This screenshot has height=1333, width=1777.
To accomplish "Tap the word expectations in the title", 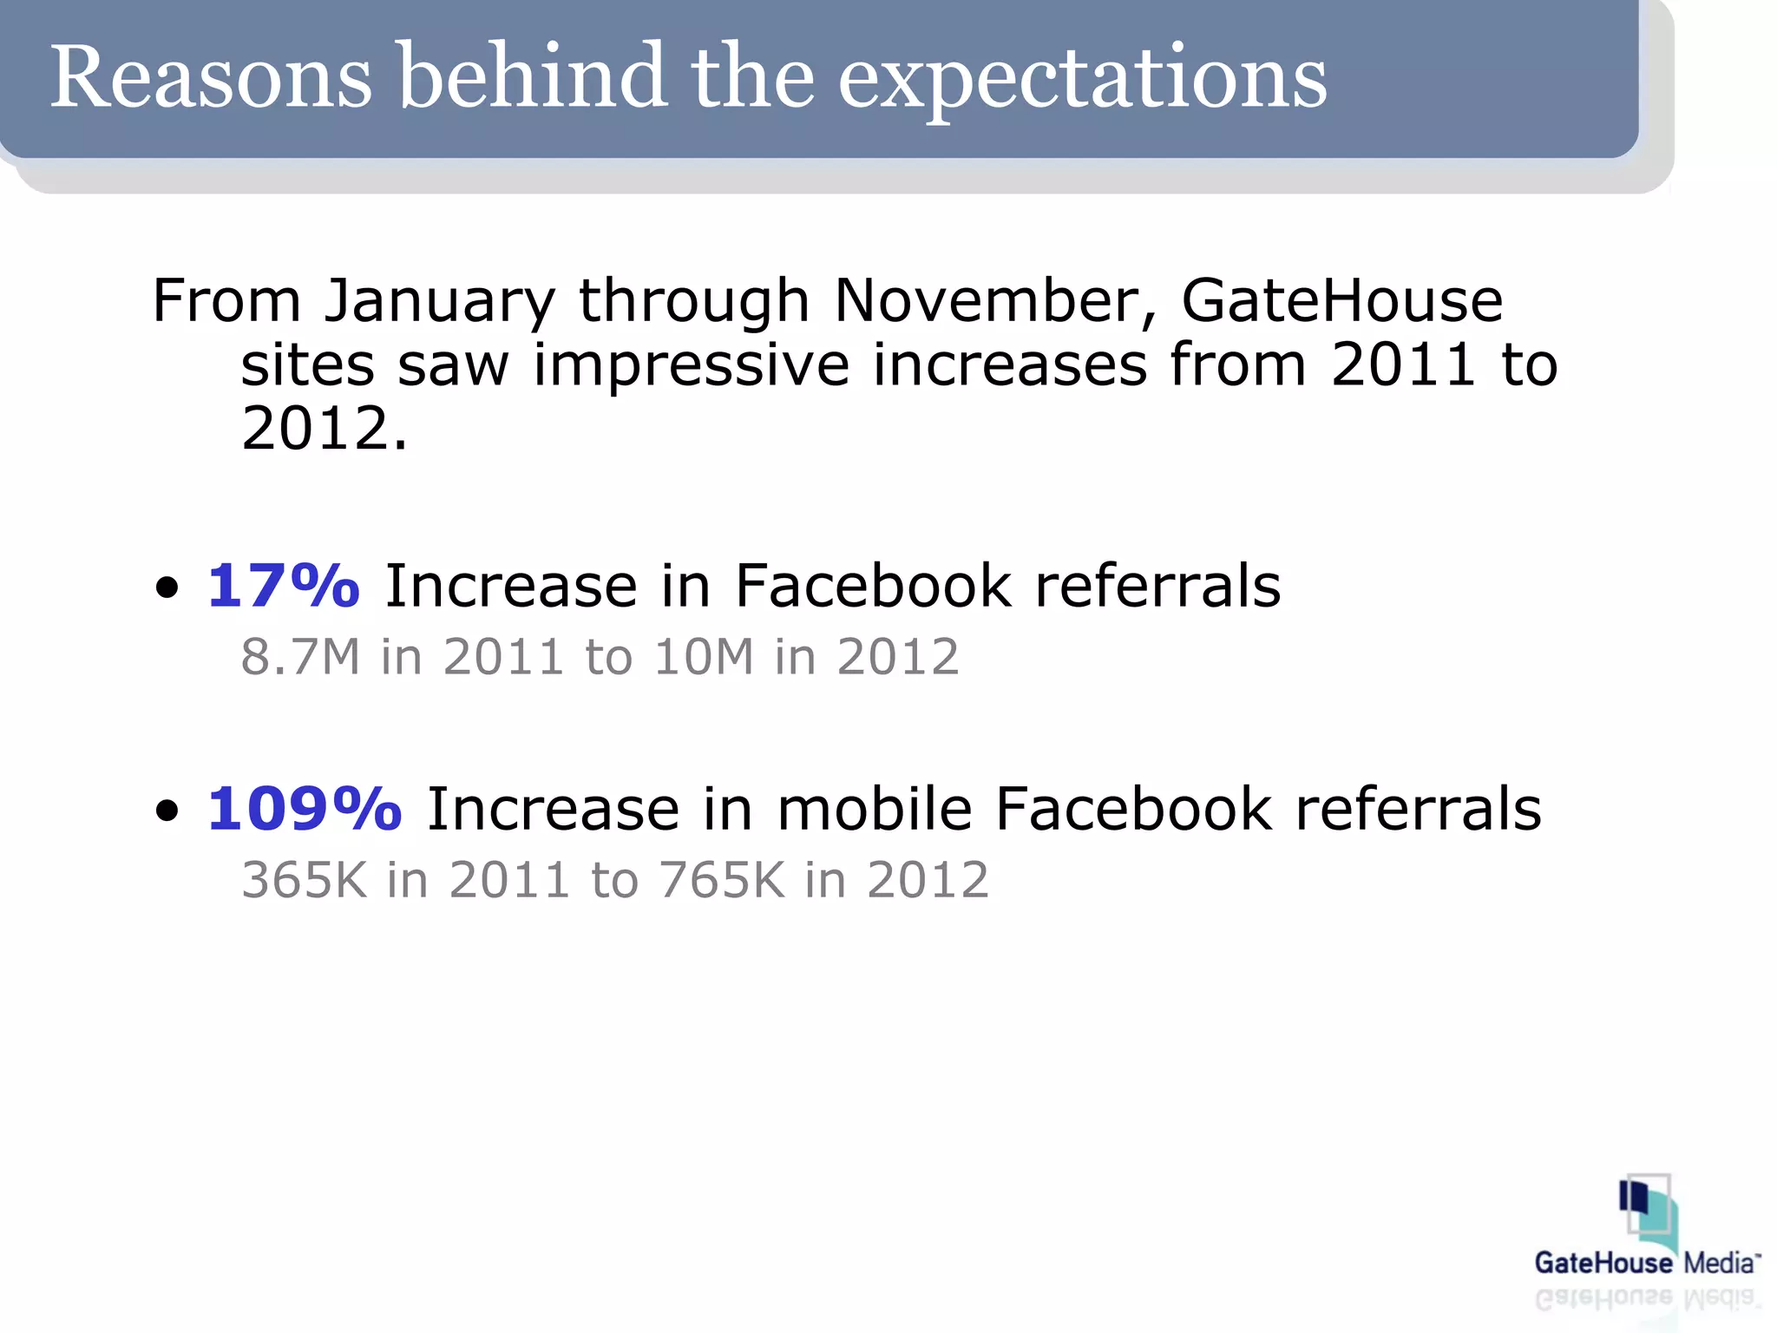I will pyautogui.click(x=1082, y=80).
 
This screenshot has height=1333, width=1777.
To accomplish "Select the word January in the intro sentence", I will pyautogui.click(x=439, y=301).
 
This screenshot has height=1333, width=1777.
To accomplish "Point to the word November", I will pyautogui.click(x=995, y=301).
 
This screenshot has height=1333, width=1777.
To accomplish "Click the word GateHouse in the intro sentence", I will pyautogui.click(x=1341, y=301).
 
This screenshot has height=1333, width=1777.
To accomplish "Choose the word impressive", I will pyautogui.click(x=691, y=364).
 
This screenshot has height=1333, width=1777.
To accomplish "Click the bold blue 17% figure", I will pyautogui.click(x=283, y=586).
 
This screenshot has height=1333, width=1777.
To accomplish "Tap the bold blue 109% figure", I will pyautogui.click(x=305, y=809).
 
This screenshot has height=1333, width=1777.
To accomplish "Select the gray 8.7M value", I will pyautogui.click(x=300, y=656).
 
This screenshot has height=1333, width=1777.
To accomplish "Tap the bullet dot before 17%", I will pyautogui.click(x=167, y=588).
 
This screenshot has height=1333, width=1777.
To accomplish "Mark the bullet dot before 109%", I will pyautogui.click(x=167, y=811).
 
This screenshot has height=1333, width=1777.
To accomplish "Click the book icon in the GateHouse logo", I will pyautogui.click(x=1645, y=1212).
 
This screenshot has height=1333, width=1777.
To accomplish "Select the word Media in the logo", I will pyautogui.click(x=1721, y=1263).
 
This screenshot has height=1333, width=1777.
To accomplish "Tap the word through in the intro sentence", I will pyautogui.click(x=694, y=301).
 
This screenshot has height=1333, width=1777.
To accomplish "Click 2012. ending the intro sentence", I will pyautogui.click(x=324, y=429).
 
